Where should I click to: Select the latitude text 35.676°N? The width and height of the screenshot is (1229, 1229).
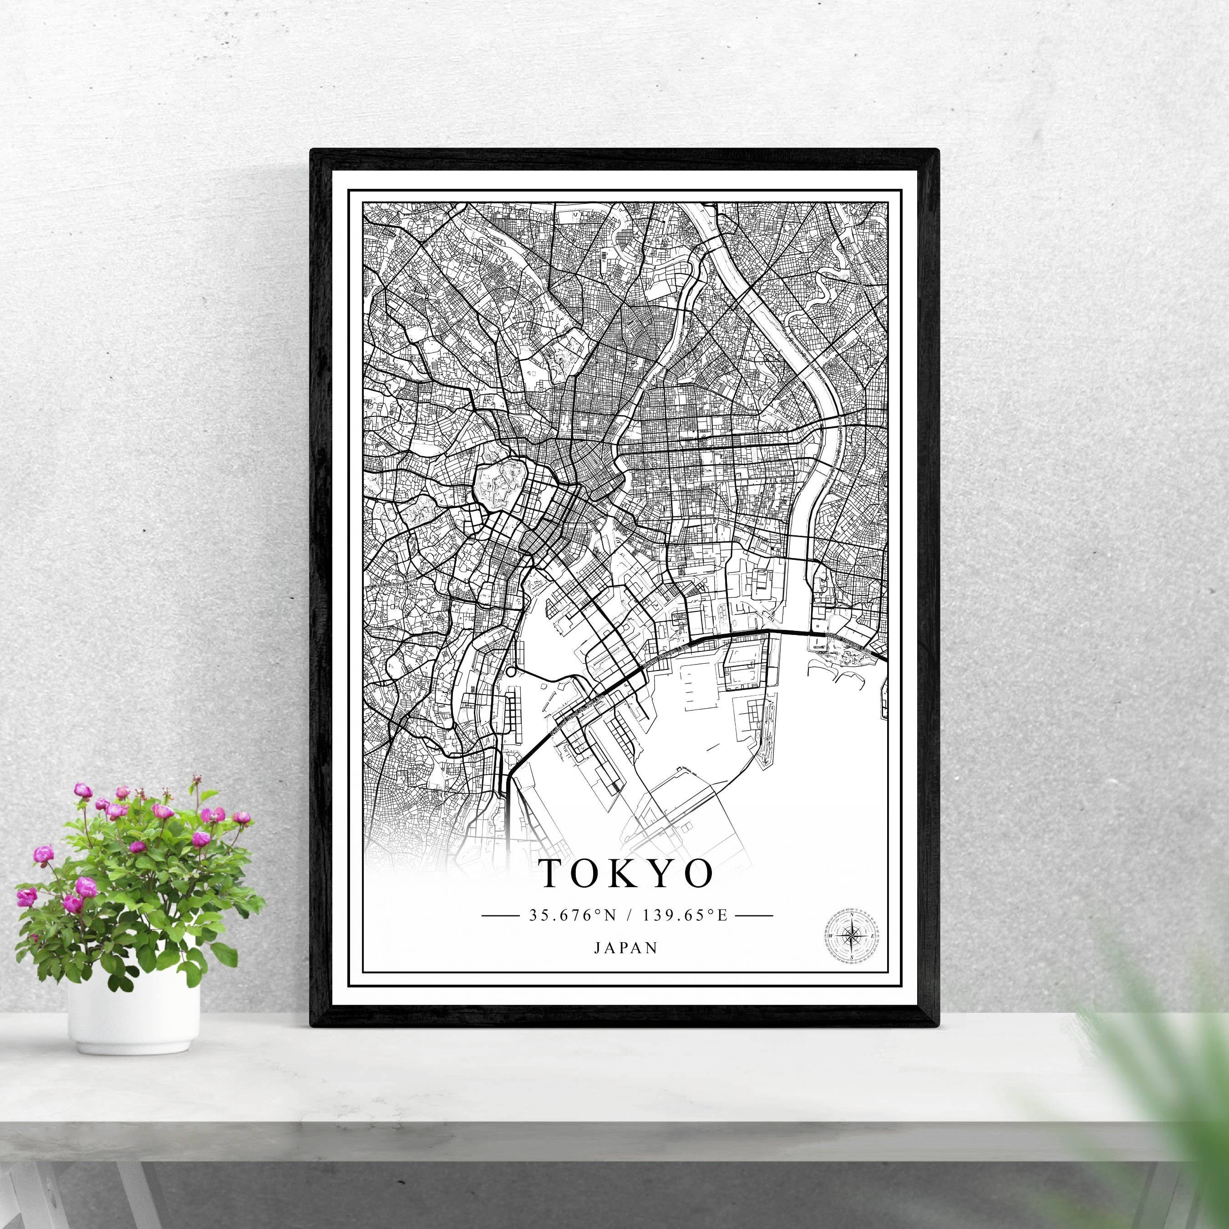[x=573, y=915]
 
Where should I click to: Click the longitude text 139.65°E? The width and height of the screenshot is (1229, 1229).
[x=685, y=915]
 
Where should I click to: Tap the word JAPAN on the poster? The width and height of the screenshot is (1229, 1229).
[x=626, y=948]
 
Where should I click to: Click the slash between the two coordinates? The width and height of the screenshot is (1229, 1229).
[x=630, y=915]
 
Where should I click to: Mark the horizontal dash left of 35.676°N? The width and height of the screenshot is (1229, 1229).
[x=501, y=916]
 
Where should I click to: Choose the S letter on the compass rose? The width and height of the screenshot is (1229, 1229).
[x=851, y=955]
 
